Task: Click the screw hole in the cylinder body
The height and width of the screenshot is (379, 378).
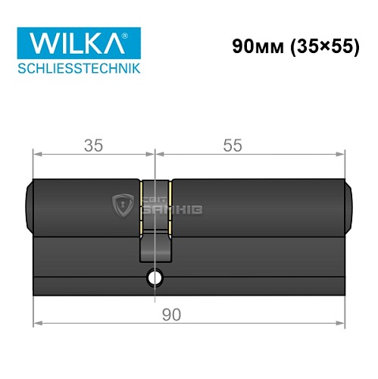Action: tap(156, 278)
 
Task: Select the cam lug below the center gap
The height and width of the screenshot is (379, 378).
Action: tap(155, 247)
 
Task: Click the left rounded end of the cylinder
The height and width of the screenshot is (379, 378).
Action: tap(29, 205)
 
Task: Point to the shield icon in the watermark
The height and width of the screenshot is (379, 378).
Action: tap(122, 205)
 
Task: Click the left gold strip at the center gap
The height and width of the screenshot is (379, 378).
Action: tap(141, 207)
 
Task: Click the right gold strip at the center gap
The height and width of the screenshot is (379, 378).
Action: tap(170, 207)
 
